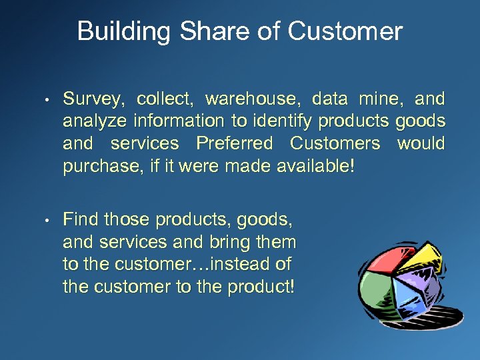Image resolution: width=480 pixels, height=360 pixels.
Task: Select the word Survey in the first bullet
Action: click(94, 100)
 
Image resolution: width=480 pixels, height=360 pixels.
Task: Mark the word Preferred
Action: click(234, 143)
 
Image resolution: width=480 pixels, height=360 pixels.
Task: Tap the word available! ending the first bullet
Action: click(315, 165)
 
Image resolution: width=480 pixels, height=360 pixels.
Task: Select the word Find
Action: click(81, 219)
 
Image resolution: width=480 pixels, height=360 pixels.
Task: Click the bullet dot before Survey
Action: click(49, 101)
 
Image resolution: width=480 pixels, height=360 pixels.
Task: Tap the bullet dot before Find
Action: click(49, 220)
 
